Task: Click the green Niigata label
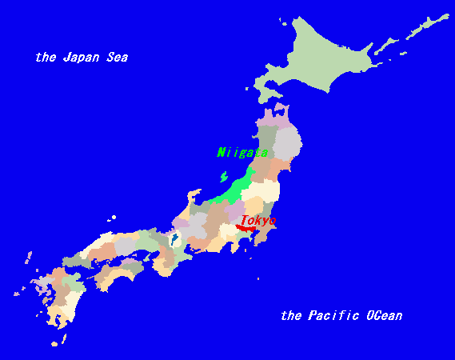click(x=242, y=152)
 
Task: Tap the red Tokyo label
click(x=258, y=220)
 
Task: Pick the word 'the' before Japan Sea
click(x=45, y=58)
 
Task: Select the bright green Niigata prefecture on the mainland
click(x=240, y=189)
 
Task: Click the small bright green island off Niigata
click(x=223, y=176)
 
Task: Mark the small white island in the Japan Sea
click(x=114, y=217)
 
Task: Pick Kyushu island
click(x=60, y=296)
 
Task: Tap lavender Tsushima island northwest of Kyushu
click(x=28, y=258)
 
